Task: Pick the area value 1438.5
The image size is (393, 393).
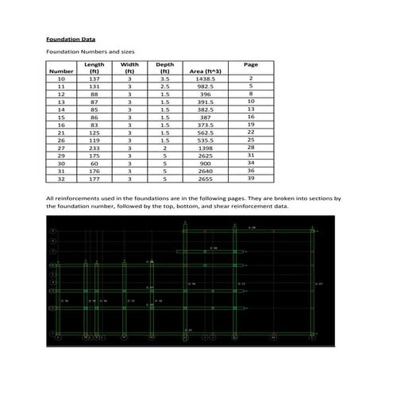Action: [206, 79]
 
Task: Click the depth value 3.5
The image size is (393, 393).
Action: [164, 79]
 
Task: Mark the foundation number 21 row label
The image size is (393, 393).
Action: [61, 133]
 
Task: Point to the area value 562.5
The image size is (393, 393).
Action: [206, 133]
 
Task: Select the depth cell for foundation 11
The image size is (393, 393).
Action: [164, 87]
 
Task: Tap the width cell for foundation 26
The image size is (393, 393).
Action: [129, 140]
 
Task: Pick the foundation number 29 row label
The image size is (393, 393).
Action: [61, 155]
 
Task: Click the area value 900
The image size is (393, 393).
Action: [206, 163]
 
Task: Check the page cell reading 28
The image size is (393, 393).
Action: [250, 148]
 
